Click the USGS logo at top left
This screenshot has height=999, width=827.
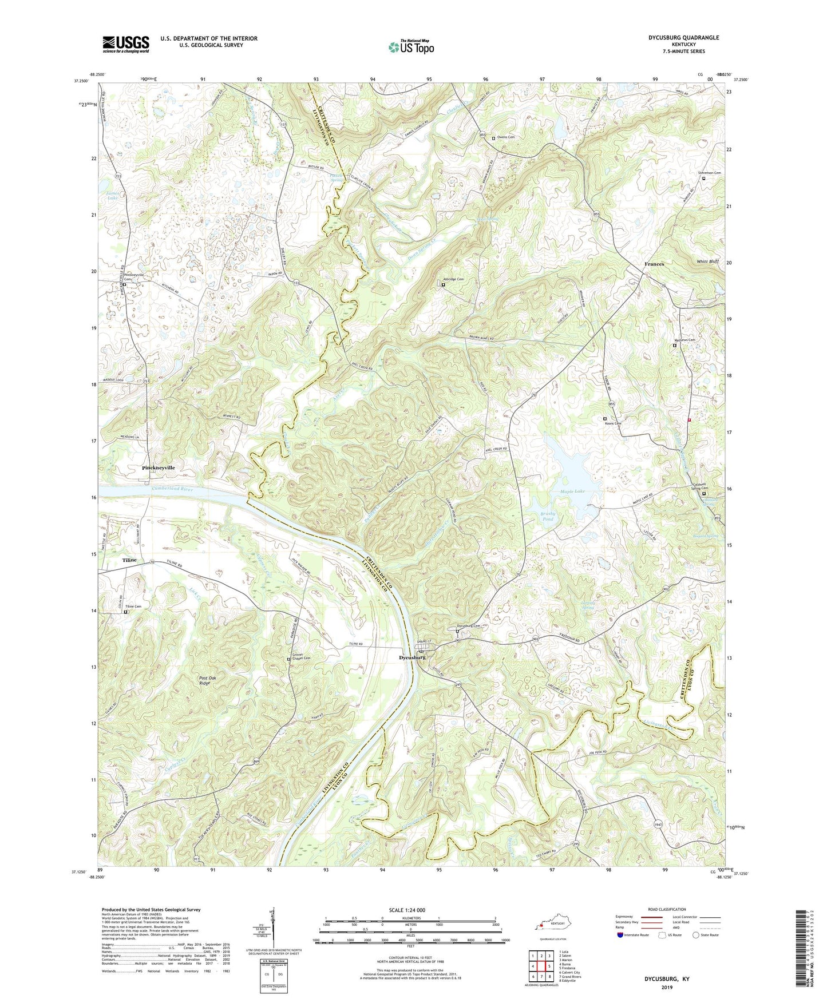[x=126, y=44]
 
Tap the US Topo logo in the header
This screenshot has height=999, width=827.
[x=411, y=47]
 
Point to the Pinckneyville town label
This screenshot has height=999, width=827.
[x=159, y=467]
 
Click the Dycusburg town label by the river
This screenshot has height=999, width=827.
[x=412, y=657]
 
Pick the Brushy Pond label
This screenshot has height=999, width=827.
[x=548, y=516]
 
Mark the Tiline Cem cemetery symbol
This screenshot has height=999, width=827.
[x=126, y=612]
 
